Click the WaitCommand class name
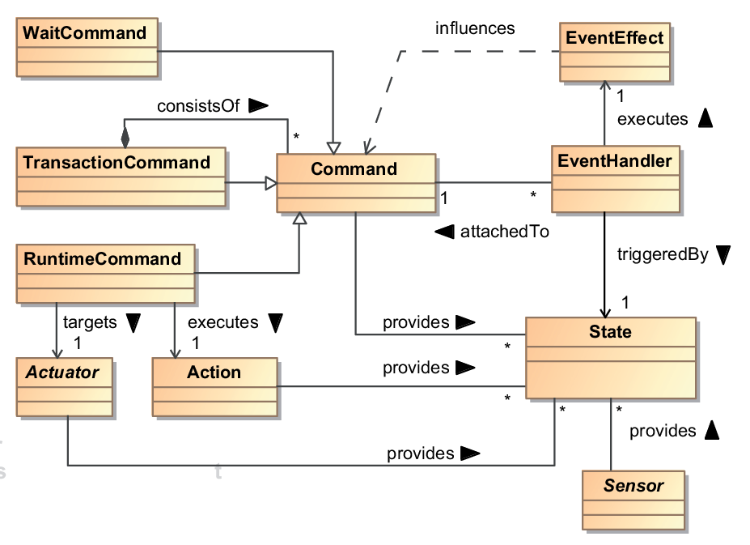85,33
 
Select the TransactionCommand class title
117,162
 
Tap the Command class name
354,168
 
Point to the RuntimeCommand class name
103,258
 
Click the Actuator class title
62,373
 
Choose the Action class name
214,373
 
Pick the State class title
610,331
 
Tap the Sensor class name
633,486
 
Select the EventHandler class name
615,161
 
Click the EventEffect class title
615,38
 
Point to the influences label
475,28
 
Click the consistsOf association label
198,106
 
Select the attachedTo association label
505,232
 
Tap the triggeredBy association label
663,254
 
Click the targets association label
90,322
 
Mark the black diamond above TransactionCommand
125,138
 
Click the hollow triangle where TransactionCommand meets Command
271,183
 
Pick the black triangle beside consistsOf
258,105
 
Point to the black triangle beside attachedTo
444,232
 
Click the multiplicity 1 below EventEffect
621,96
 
